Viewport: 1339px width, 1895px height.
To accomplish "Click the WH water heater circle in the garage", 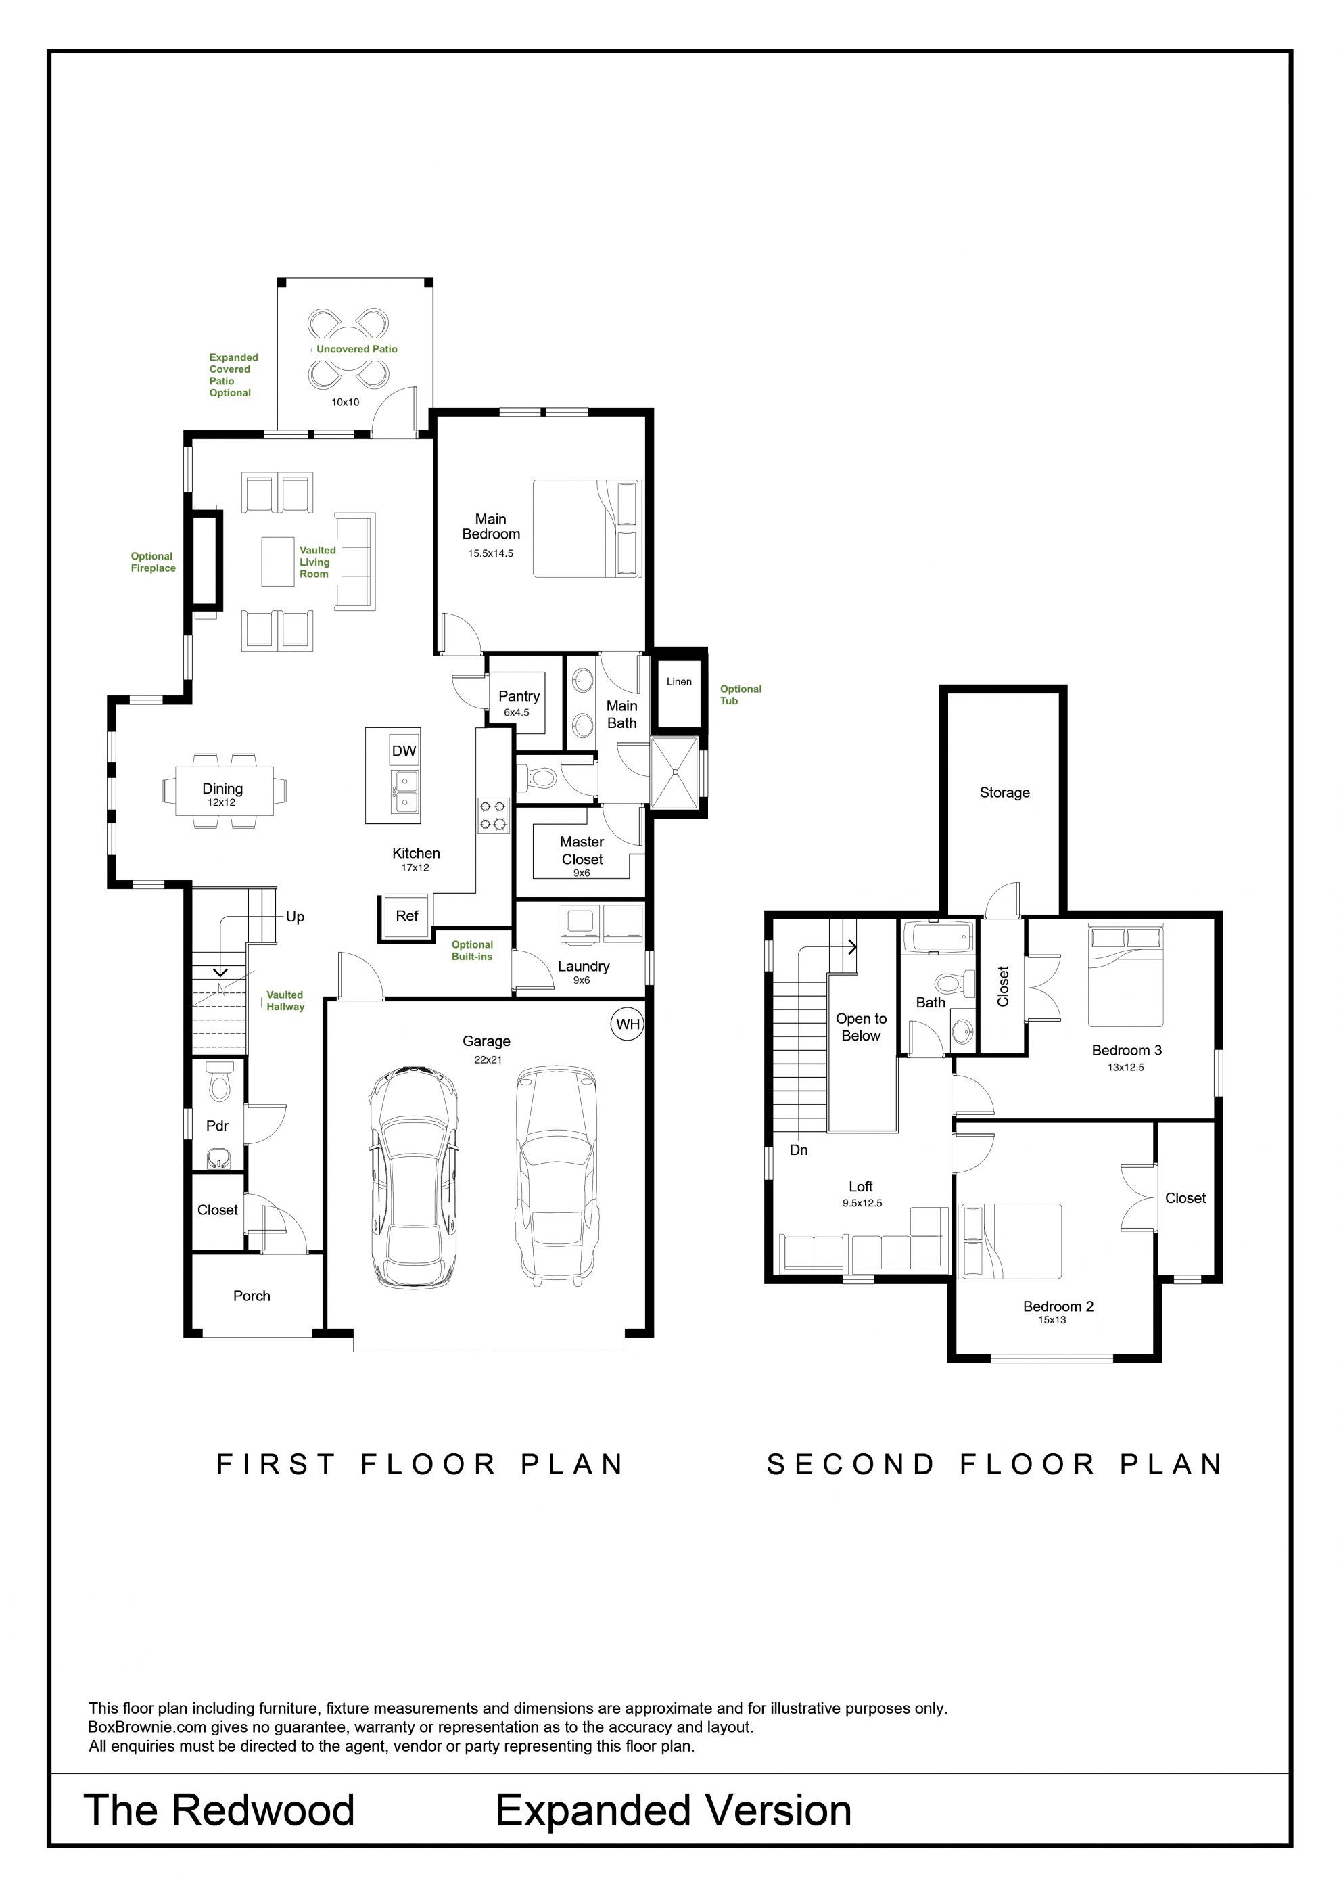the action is point(628,1024).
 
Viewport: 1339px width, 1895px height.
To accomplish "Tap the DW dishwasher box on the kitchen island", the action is point(404,750).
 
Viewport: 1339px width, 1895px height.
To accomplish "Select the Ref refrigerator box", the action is point(406,916).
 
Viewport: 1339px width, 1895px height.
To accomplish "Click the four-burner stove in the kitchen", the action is point(492,815).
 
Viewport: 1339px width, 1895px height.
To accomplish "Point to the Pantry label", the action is point(519,697).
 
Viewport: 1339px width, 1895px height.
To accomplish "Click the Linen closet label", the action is point(679,682).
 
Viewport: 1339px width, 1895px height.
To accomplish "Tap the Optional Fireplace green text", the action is point(153,562).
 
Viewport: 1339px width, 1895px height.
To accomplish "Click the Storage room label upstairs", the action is point(1004,792).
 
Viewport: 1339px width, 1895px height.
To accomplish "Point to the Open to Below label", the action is point(862,1027).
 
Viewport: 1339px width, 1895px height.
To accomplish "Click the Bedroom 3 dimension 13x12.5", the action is point(1125,1067).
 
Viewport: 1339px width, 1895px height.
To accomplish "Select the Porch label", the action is point(252,1296).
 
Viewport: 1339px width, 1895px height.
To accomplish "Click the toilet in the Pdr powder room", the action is point(218,1081).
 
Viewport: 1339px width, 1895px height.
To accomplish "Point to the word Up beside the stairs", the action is point(296,917).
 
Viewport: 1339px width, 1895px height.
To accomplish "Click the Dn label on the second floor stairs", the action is point(799,1149).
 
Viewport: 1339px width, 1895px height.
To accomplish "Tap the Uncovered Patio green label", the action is point(356,349).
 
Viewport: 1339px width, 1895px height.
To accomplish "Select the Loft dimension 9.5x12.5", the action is point(862,1204).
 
